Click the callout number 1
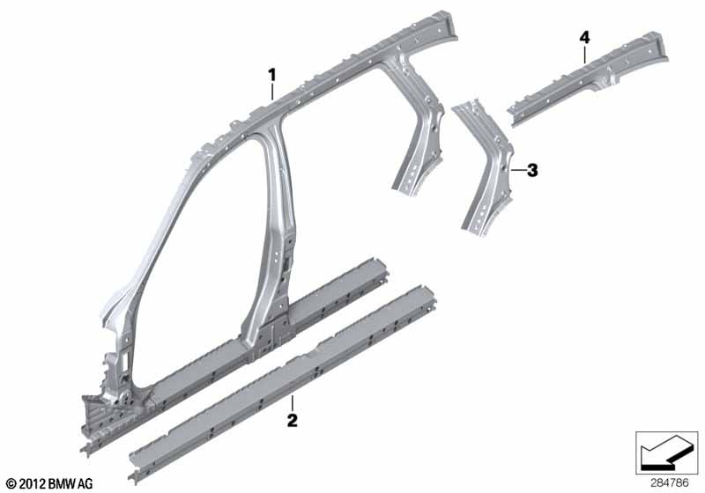(x=272, y=73)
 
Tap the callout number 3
(x=531, y=170)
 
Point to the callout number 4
(x=584, y=37)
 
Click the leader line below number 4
(x=584, y=53)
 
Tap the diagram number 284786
(x=672, y=482)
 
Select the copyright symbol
(x=11, y=483)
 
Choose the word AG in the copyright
(x=84, y=483)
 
